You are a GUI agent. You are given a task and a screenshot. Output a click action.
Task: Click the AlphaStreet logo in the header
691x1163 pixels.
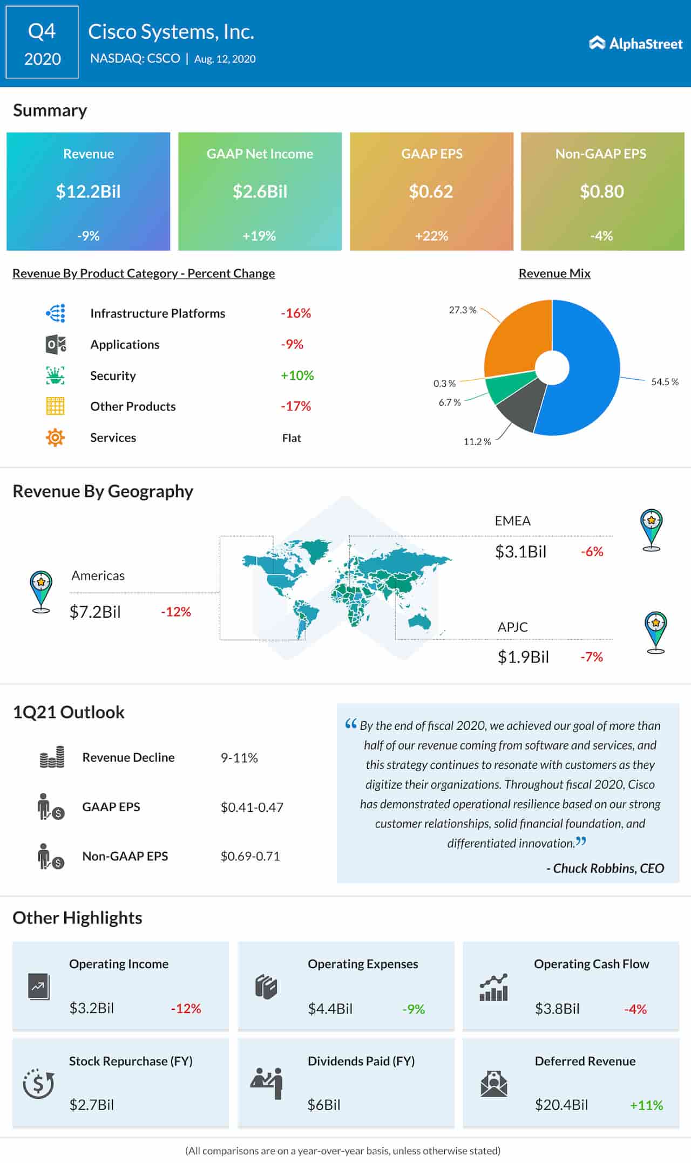coord(635,43)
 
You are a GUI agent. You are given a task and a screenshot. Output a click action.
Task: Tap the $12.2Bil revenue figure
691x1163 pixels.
coord(89,191)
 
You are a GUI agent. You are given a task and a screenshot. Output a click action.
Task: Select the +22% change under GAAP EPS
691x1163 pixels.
coord(431,236)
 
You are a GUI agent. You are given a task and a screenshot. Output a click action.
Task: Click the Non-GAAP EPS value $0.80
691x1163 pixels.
coord(602,191)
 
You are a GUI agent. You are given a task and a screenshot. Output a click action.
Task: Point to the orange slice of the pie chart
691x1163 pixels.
coord(516,340)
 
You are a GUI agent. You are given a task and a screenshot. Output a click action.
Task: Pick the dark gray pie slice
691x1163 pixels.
coord(521,407)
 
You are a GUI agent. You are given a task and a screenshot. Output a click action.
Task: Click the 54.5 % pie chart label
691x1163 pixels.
coord(665,382)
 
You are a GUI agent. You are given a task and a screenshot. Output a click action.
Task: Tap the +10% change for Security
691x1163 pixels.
coord(297,375)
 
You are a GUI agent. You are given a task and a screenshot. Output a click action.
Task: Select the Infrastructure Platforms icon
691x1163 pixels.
coord(56,313)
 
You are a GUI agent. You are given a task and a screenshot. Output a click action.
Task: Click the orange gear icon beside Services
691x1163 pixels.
coord(55,437)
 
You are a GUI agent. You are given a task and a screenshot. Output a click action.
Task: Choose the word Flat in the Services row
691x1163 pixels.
coord(292,438)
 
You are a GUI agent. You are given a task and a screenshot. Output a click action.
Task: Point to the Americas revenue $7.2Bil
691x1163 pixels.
coord(95,612)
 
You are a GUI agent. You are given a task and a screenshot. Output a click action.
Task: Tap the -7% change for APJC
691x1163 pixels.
coord(592,656)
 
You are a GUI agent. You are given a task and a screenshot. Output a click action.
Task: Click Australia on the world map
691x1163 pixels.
coord(419,621)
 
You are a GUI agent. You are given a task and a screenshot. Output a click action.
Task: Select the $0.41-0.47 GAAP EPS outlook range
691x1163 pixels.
coord(252,807)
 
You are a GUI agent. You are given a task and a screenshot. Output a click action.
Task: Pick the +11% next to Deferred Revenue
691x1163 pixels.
coord(646,1105)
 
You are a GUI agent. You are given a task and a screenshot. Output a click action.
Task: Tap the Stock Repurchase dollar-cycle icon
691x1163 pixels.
coord(38,1083)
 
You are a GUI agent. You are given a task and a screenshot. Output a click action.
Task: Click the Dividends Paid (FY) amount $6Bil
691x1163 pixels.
coord(324,1105)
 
